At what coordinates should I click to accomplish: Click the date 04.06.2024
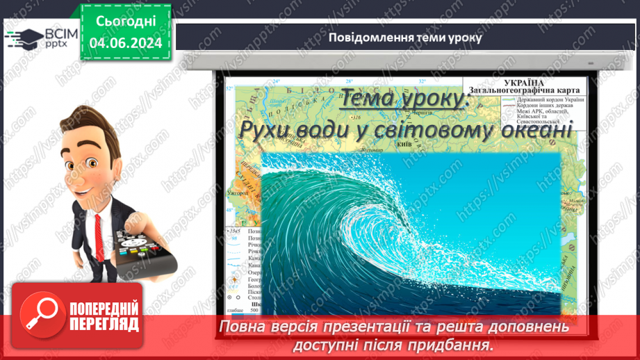point(126,43)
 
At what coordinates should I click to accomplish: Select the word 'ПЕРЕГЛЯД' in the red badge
point(104,324)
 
